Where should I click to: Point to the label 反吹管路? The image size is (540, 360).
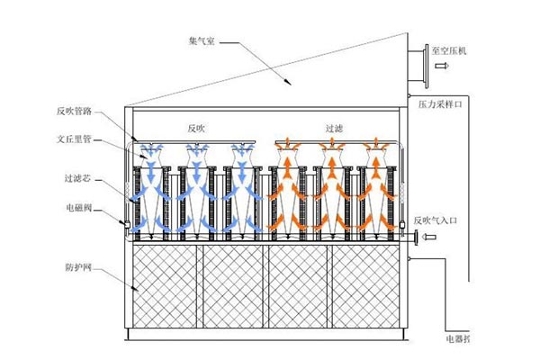pos(75,112)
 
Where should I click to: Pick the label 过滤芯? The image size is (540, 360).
pos(78,179)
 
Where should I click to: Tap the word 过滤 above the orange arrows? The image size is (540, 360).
pos(332,129)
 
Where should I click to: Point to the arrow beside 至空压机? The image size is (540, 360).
pos(439,66)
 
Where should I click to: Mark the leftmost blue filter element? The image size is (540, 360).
pos(150,189)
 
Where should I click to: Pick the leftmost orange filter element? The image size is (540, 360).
pos(287,189)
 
